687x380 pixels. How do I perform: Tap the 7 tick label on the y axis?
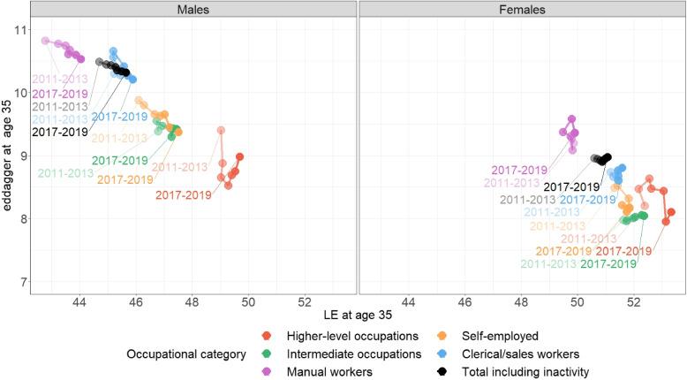click(17, 282)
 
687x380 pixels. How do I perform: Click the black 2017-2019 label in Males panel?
click(60, 132)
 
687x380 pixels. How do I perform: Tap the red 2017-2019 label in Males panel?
click(183, 195)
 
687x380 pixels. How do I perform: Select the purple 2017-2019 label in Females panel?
click(520, 170)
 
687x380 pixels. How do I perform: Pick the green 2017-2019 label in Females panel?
click(608, 263)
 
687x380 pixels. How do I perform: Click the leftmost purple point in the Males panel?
click(46, 41)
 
